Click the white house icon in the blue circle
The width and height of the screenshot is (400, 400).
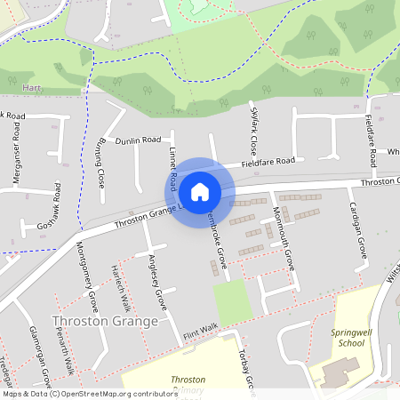point(200,191)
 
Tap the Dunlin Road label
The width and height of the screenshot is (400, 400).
point(139,140)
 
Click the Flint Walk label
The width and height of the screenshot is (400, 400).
point(201,330)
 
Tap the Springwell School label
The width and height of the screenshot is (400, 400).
point(348,337)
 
